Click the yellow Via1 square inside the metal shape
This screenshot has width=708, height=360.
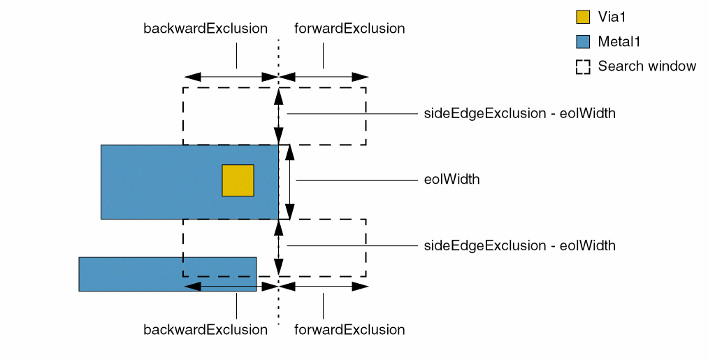point(238,180)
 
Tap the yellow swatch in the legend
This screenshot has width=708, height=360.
point(583,16)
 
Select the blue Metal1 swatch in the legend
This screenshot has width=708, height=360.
point(583,41)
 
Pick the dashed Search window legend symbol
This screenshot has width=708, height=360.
point(583,66)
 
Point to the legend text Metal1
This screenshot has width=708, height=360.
point(619,41)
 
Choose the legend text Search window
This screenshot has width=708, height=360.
point(647,66)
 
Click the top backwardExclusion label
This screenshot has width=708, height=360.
point(205,29)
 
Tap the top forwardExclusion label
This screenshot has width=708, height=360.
point(349,29)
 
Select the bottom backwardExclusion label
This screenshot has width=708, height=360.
point(205,329)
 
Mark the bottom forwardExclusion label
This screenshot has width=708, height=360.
point(349,329)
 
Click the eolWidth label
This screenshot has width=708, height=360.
point(452,180)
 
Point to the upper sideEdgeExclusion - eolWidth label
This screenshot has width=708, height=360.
point(520,113)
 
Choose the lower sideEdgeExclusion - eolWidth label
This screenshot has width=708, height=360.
point(520,245)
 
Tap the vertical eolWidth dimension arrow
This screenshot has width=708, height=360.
point(290,182)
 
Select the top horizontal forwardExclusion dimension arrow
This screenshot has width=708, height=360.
point(324,76)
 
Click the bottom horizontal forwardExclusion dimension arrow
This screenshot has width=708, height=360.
point(324,286)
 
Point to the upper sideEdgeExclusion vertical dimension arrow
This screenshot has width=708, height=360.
point(279,116)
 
